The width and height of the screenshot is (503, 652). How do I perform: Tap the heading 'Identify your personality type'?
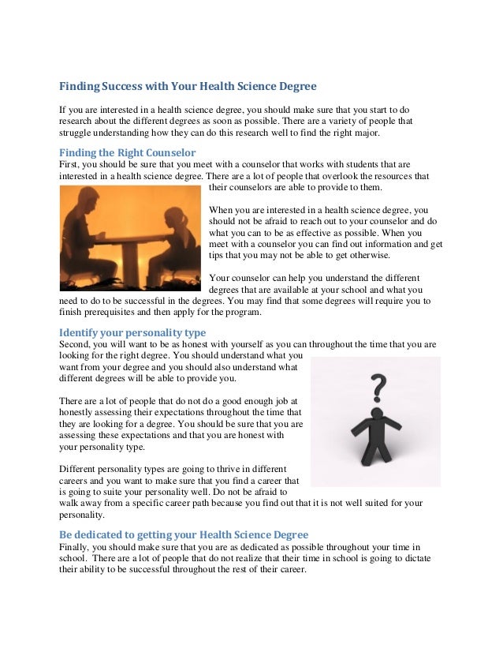point(133,332)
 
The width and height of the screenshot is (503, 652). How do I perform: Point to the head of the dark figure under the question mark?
point(376,414)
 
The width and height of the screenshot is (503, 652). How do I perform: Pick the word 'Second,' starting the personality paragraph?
point(77,344)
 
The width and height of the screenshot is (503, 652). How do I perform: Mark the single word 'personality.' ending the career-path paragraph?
point(82,515)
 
